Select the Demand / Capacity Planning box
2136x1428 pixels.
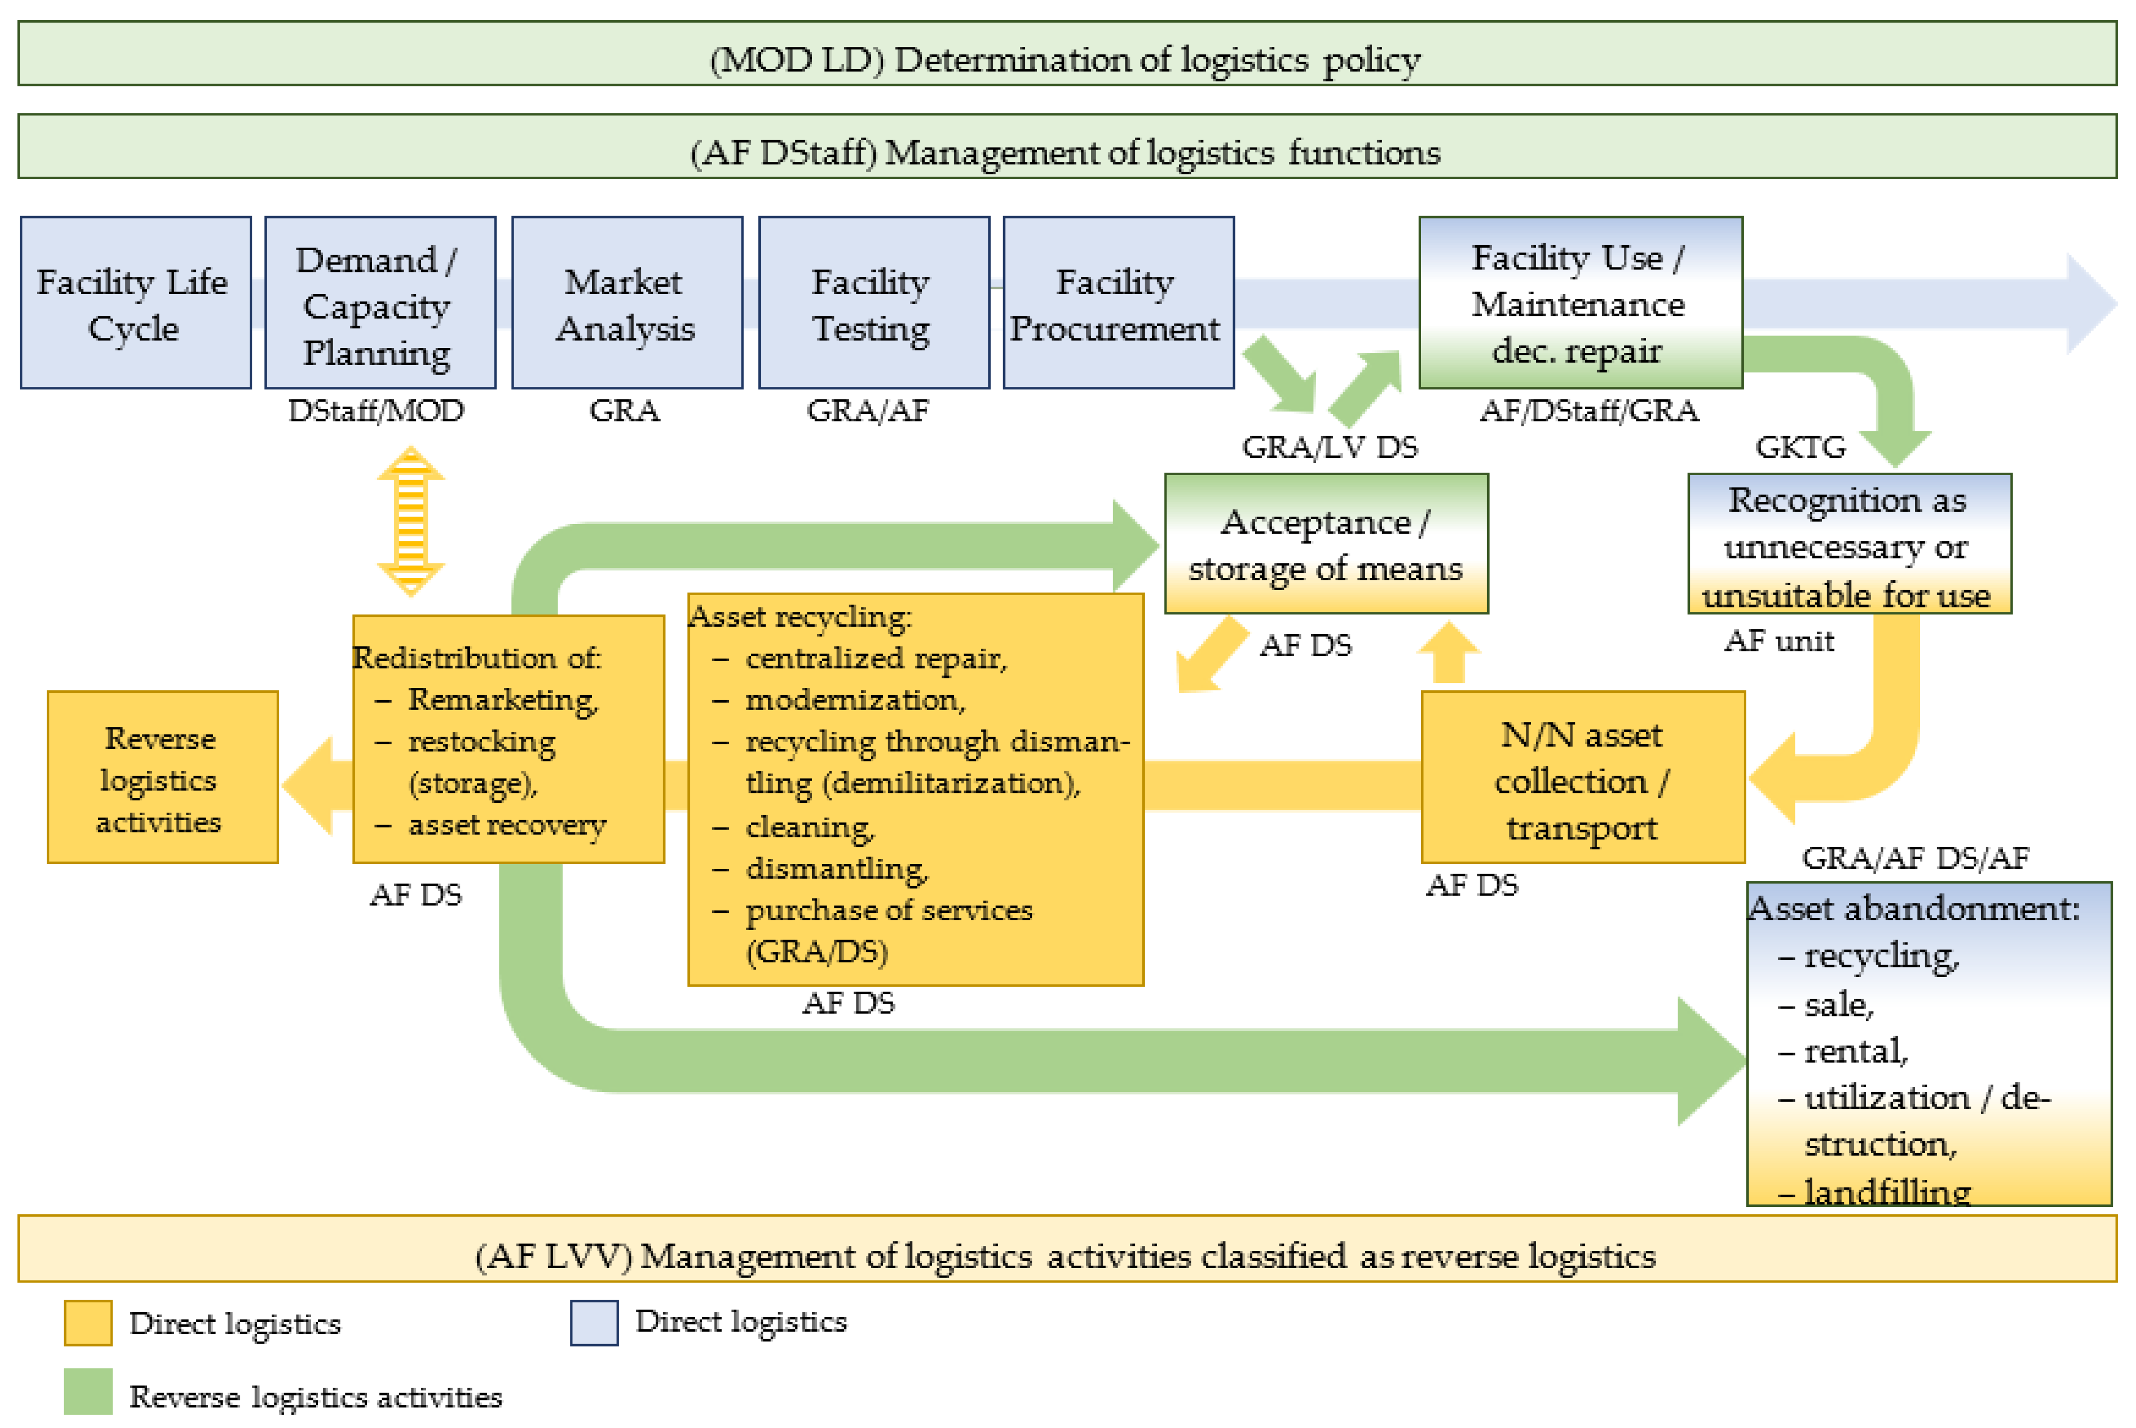[x=379, y=303]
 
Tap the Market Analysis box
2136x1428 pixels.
[x=627, y=303]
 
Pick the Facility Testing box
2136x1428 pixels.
[x=873, y=303]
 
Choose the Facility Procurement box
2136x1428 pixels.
[x=1118, y=303]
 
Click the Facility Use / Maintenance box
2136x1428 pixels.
[x=1580, y=303]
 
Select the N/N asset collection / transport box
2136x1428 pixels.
[x=1582, y=777]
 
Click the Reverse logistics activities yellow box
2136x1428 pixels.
[x=162, y=777]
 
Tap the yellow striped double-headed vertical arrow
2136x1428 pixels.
[x=411, y=521]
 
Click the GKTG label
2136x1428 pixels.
[x=1800, y=447]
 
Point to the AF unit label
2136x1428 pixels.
[x=1778, y=641]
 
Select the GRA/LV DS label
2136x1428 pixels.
[x=1329, y=447]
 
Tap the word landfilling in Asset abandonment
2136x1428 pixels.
[x=1886, y=1191]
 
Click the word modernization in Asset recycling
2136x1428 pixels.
[x=854, y=699]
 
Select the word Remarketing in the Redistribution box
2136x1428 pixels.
[x=502, y=699]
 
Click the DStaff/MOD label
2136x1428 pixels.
[x=376, y=411]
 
